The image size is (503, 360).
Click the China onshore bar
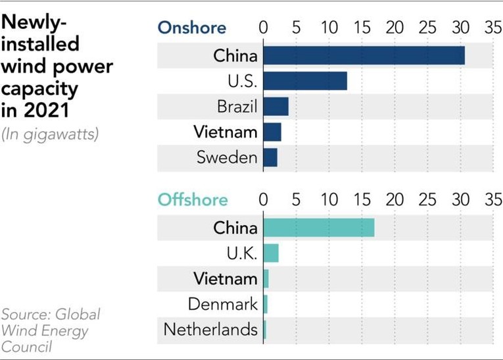tap(364, 55)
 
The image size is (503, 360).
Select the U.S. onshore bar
tap(305, 81)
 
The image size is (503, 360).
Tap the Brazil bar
tap(275, 106)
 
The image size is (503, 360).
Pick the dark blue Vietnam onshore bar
tap(272, 132)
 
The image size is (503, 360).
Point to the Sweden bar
tap(270, 157)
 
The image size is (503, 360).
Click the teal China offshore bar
tap(319, 228)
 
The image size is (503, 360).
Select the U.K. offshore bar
tap(271, 253)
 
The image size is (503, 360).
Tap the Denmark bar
tap(266, 304)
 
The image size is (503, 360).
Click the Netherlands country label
tap(210, 329)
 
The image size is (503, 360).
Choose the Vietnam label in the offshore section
tap(225, 278)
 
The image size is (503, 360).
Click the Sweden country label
tap(227, 157)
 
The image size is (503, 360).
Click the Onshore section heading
tap(191, 28)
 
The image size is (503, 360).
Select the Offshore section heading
tap(193, 199)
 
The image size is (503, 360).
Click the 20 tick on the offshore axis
tap(394, 199)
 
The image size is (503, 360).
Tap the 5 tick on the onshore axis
tap(296, 28)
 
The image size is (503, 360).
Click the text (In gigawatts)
tap(49, 135)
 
